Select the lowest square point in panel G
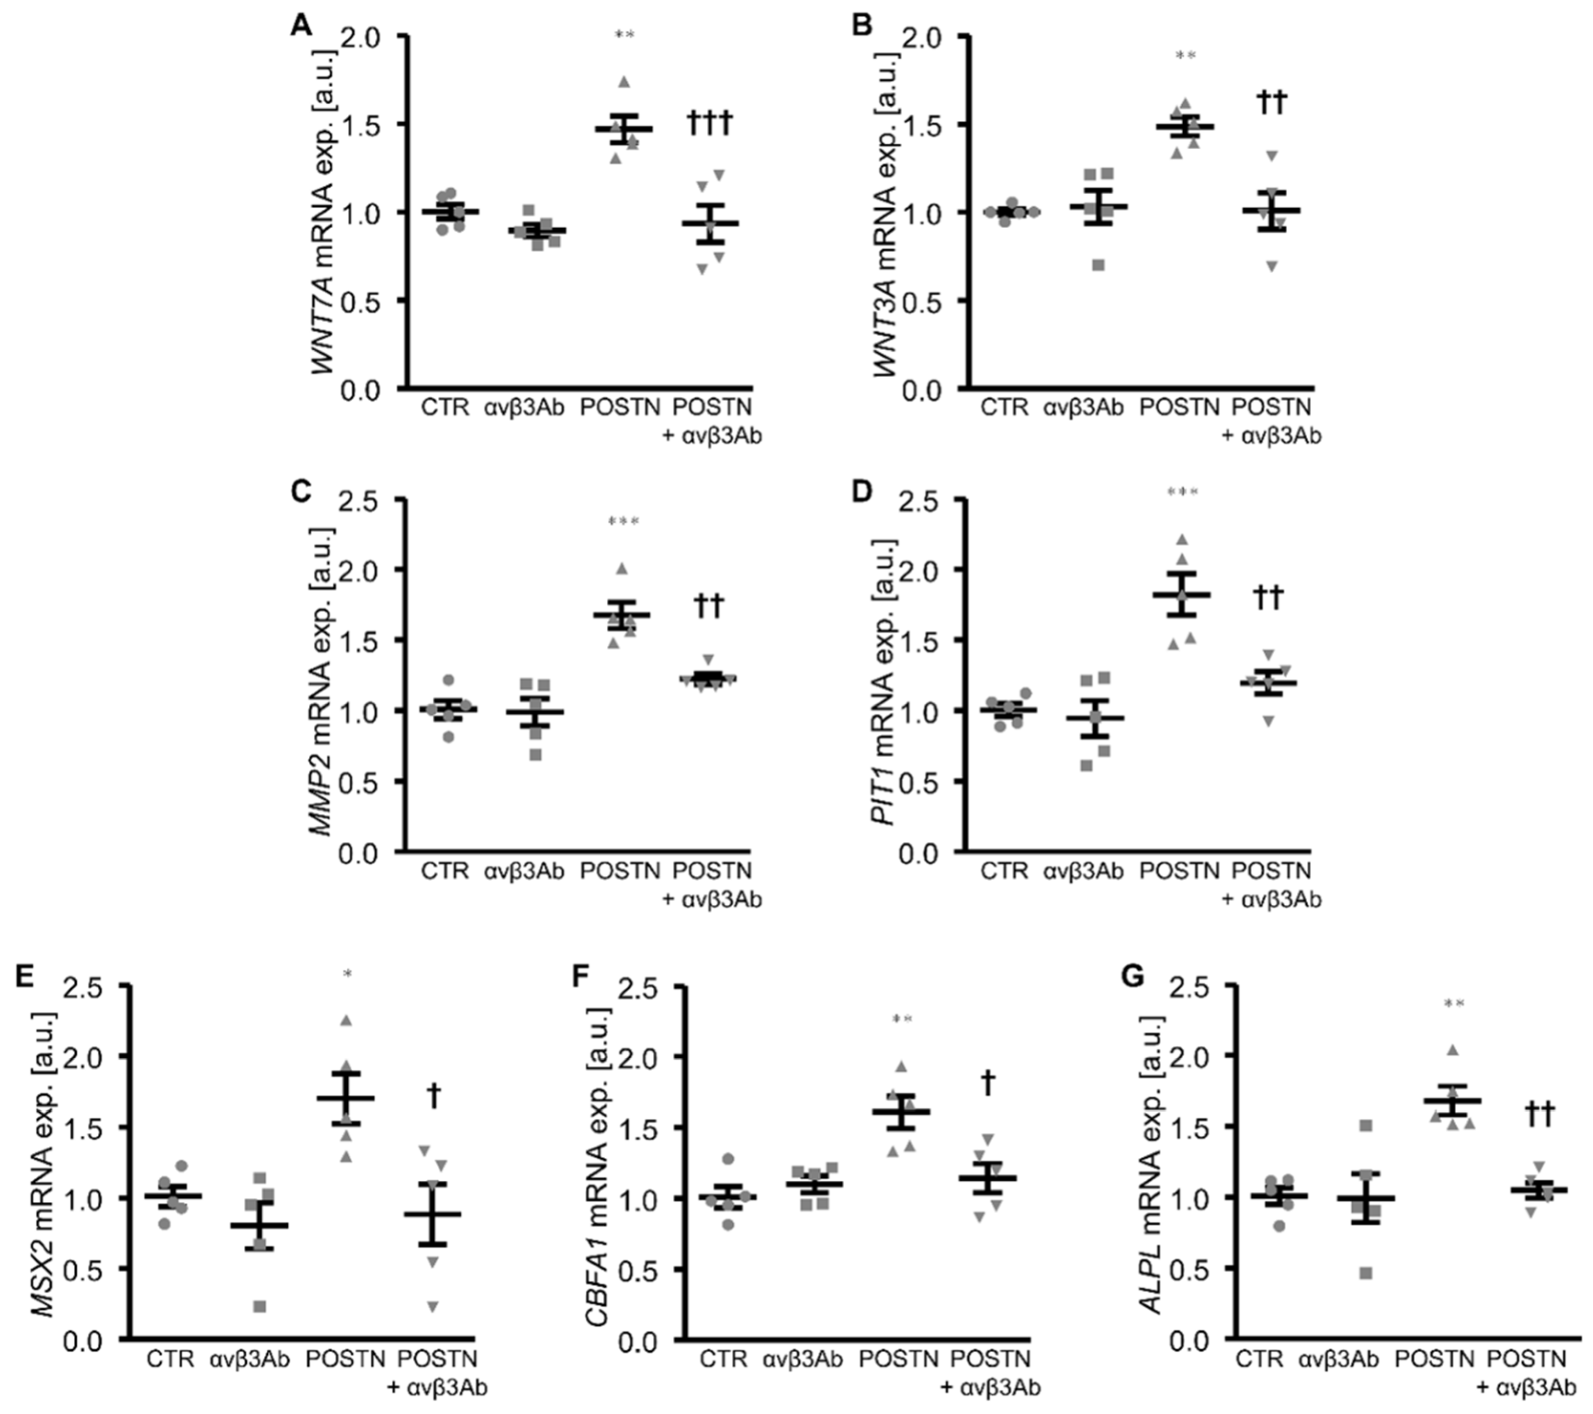tap(1366, 1273)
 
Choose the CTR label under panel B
tap(1005, 407)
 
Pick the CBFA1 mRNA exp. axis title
tap(597, 1161)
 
